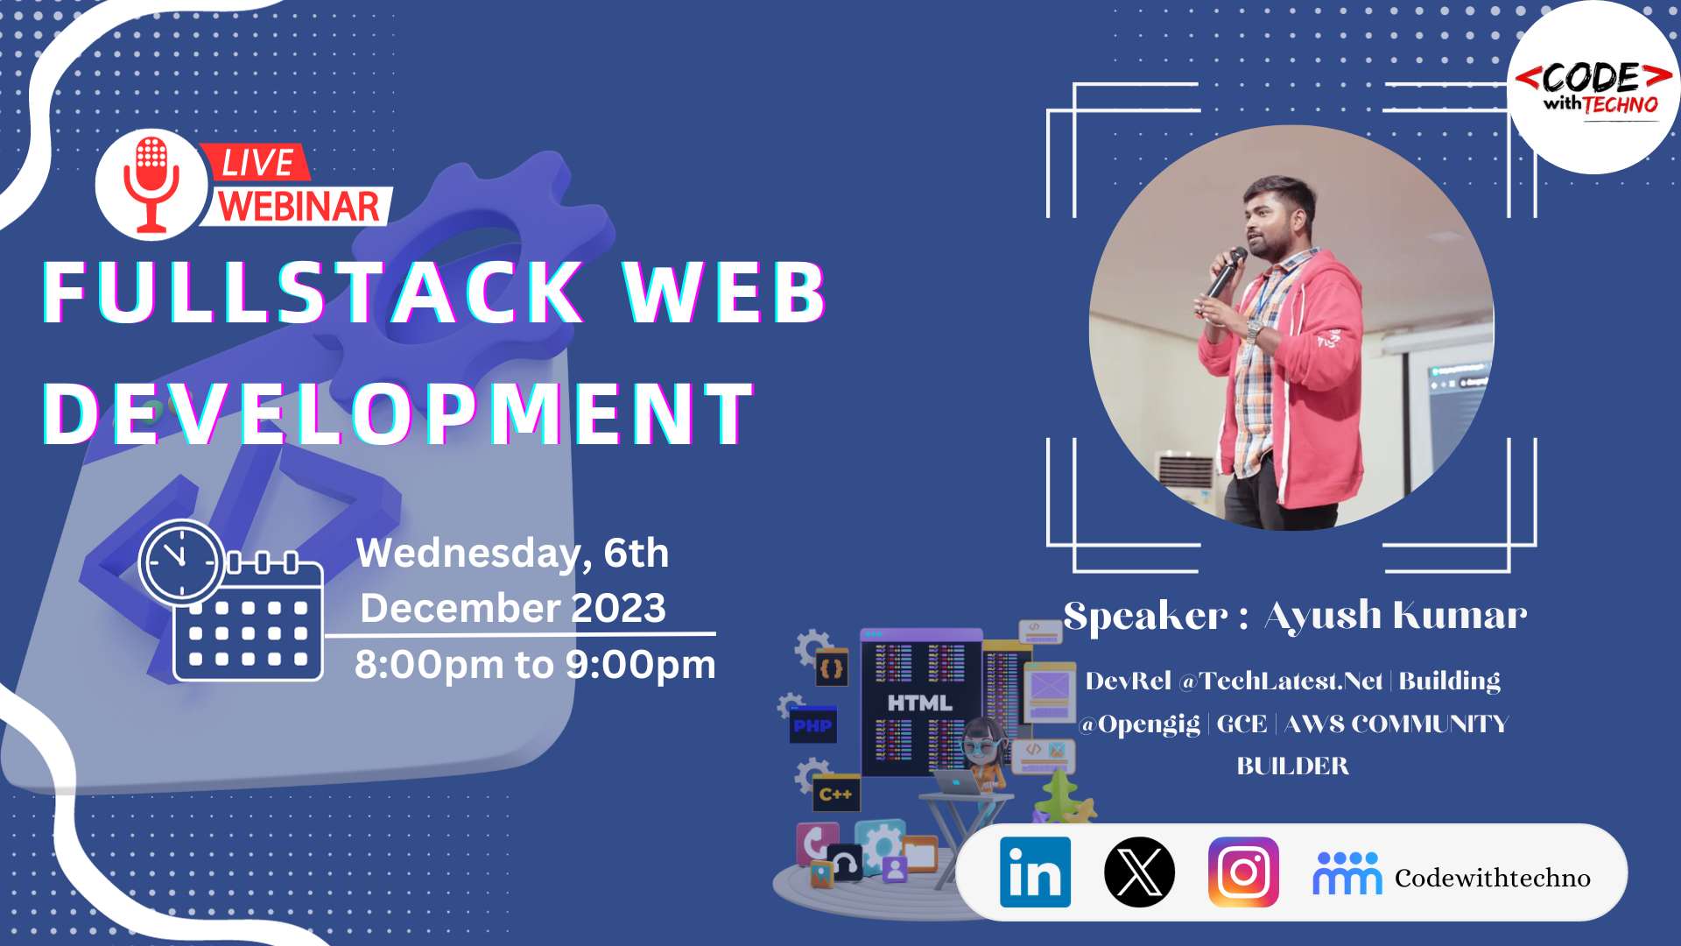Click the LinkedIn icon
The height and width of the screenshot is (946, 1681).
point(1035,872)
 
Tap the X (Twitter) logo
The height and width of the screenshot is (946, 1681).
point(1139,872)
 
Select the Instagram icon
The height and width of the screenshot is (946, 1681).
point(1243,872)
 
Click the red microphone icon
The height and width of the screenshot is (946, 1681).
point(151,184)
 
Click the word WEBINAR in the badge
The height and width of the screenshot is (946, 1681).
point(299,207)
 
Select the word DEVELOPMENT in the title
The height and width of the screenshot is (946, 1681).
point(398,413)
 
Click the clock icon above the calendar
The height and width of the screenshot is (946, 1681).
point(181,561)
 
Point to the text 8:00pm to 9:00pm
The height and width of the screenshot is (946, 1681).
point(535,665)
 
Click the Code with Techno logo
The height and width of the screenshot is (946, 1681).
point(1593,88)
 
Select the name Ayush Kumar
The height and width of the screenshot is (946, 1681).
point(1396,616)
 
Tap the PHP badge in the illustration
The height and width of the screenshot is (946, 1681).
point(812,725)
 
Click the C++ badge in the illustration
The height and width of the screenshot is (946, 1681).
point(835,794)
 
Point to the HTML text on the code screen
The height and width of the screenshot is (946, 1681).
point(919,703)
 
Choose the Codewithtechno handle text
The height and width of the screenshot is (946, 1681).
point(1492,878)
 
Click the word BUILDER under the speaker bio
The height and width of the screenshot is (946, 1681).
point(1292,766)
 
